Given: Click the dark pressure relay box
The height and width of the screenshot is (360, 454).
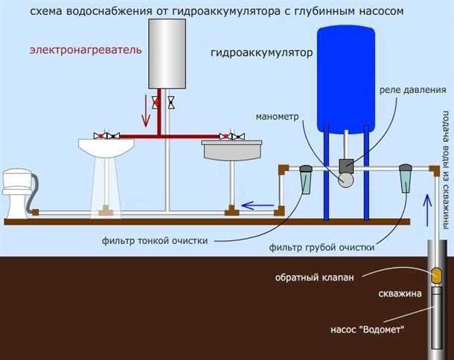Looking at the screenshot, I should pyautogui.click(x=345, y=166).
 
